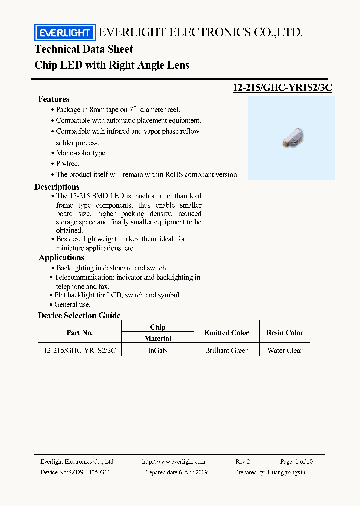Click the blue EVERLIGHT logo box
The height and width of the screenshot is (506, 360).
click(x=64, y=33)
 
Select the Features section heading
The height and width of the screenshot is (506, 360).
click(x=54, y=99)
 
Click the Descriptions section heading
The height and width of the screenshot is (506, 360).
click(x=57, y=187)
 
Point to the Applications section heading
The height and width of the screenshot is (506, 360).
click(x=61, y=258)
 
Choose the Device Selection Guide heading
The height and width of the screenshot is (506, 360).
click(x=79, y=315)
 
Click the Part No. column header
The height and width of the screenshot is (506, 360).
click(x=80, y=333)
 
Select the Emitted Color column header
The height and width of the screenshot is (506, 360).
click(x=227, y=333)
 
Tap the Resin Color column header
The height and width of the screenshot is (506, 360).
click(x=285, y=333)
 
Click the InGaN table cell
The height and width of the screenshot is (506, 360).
click(x=158, y=350)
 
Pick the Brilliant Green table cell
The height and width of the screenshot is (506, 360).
click(x=227, y=350)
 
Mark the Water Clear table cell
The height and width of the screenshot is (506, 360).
click(x=285, y=350)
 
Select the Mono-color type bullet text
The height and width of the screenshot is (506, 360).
click(x=81, y=153)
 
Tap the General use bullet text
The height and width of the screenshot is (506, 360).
click(x=73, y=304)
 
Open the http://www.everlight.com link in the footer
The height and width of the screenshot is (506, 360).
click(x=173, y=462)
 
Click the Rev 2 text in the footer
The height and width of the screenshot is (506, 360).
click(x=242, y=462)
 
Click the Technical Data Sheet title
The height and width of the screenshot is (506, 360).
click(x=84, y=49)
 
